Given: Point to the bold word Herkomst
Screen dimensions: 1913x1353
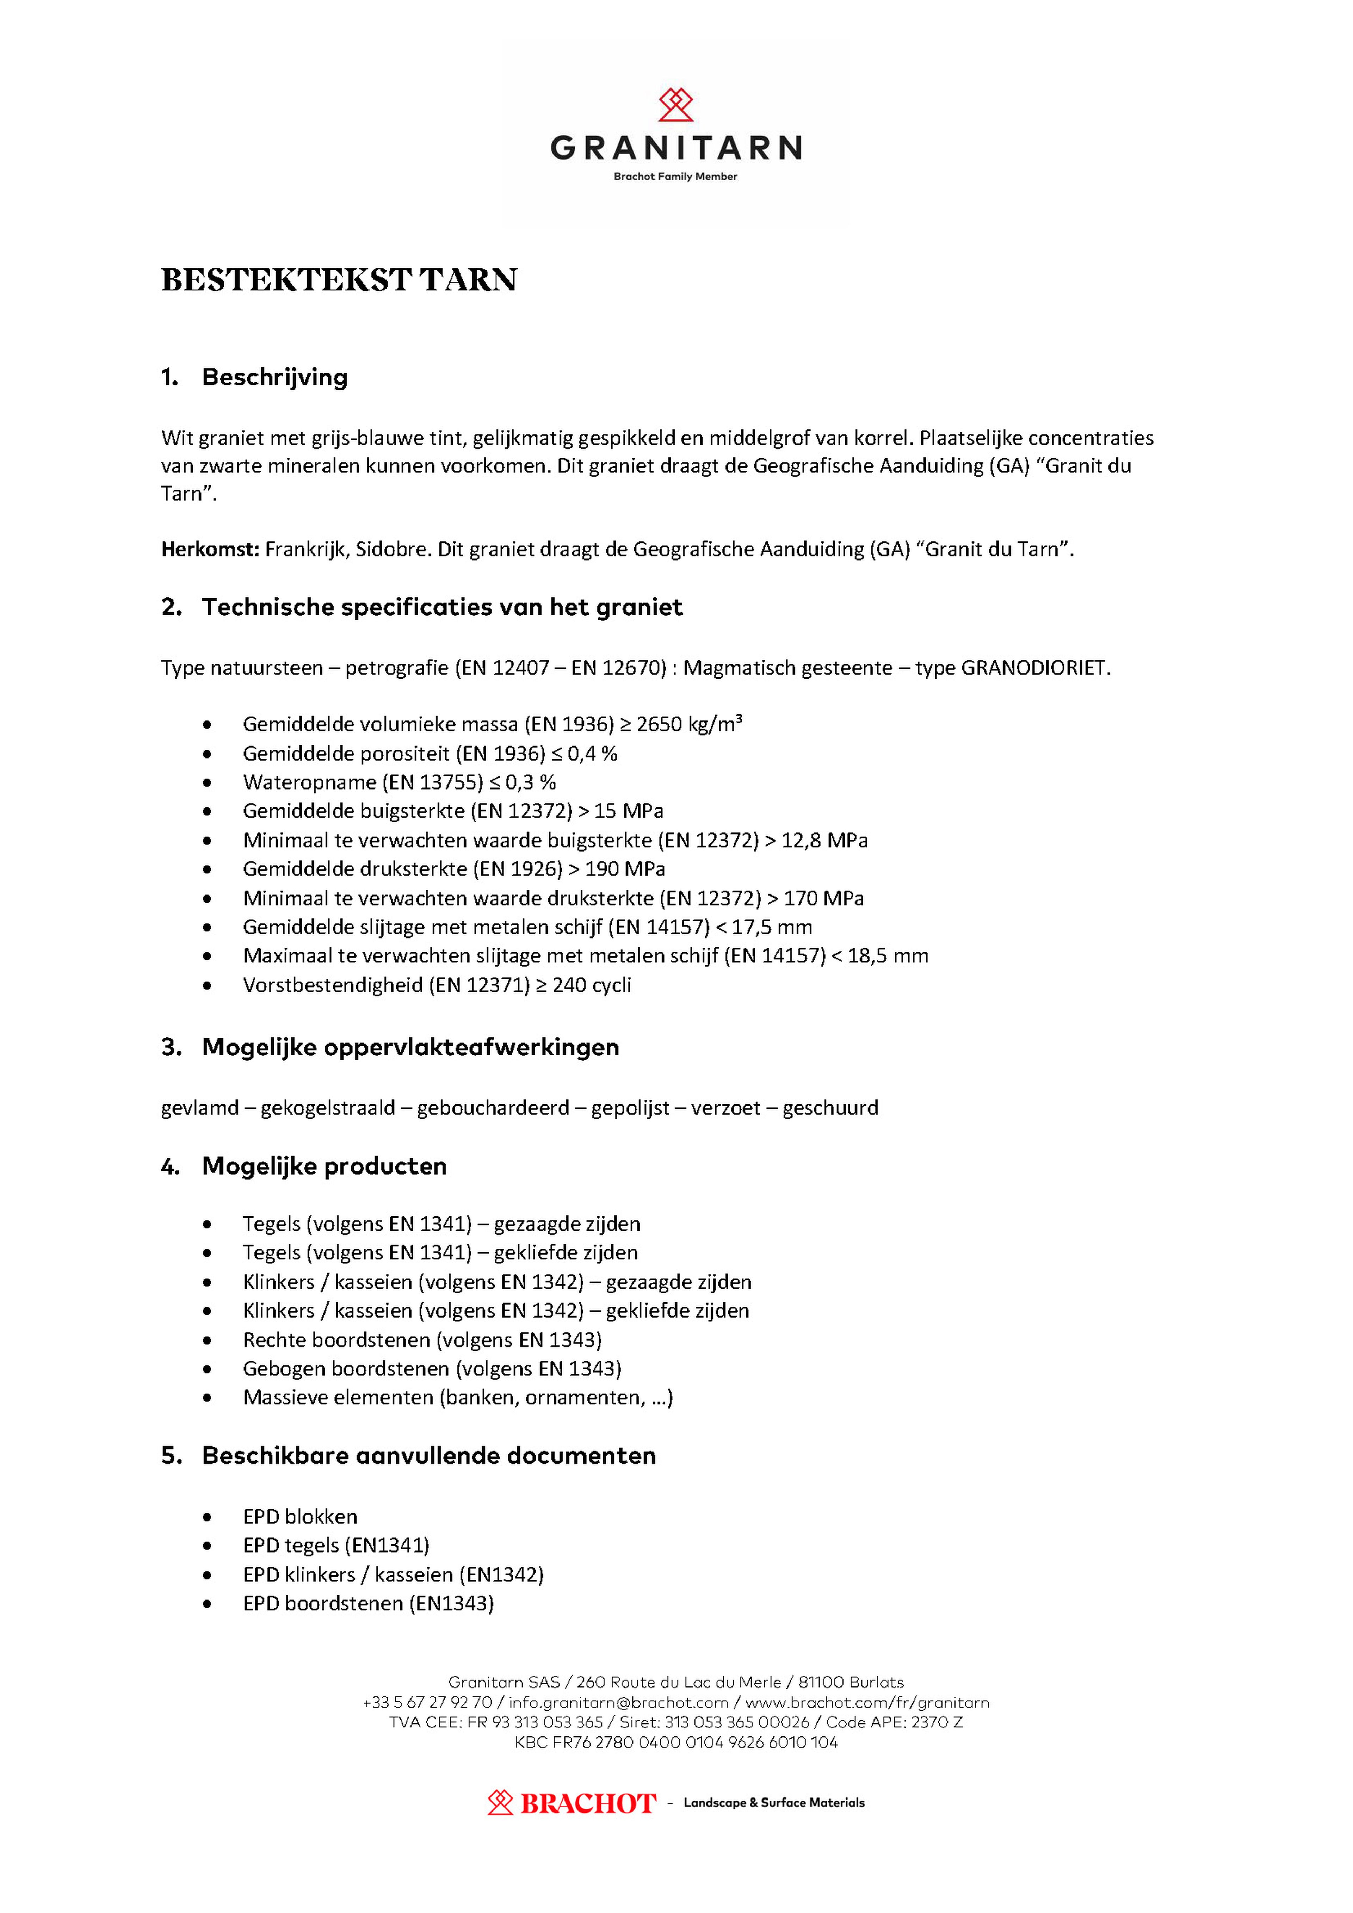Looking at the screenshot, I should (210, 549).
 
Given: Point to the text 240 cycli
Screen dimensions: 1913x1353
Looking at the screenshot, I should (592, 985).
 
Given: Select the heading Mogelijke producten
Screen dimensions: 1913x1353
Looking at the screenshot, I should (324, 1166).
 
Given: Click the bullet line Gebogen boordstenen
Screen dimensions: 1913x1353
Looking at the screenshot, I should (432, 1369).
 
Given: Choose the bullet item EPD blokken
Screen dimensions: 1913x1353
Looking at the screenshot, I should (300, 1516).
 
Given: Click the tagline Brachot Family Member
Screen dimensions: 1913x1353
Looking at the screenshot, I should (676, 177).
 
